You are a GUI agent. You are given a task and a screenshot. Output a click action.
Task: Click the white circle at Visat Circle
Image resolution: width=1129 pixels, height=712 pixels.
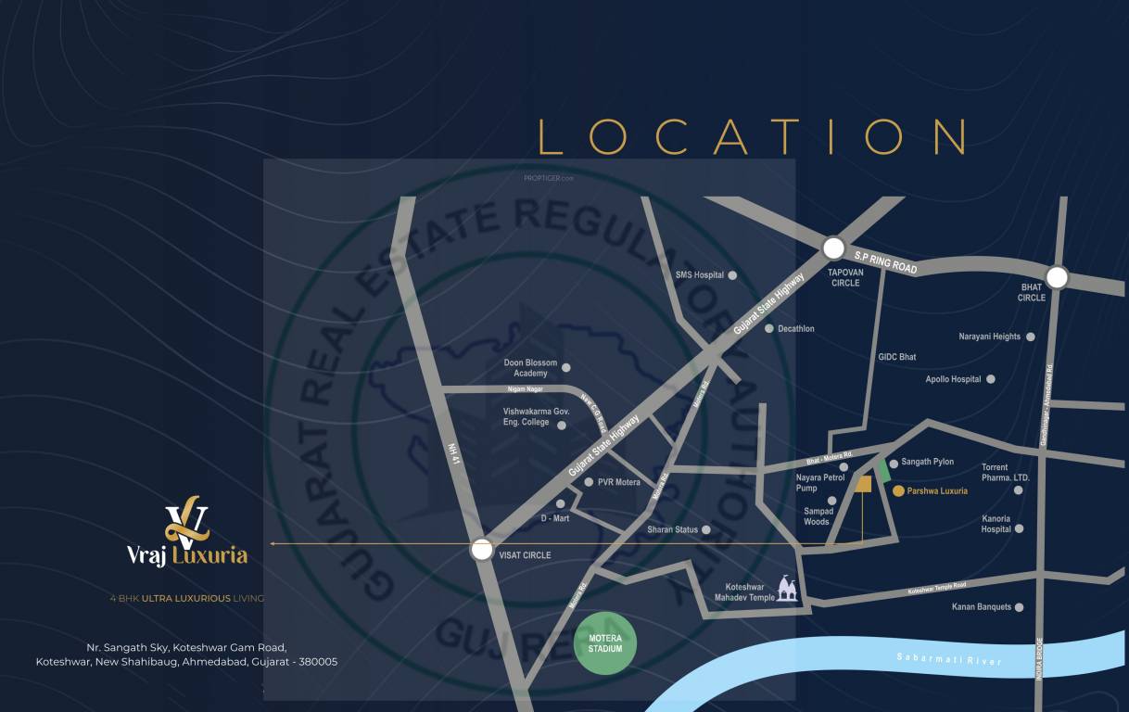pos(481,550)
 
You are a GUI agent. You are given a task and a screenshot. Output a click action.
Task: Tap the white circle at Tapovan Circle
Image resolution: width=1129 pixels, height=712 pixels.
pos(833,248)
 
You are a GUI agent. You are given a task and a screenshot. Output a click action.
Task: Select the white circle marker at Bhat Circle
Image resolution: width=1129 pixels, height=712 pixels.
pos(1057,277)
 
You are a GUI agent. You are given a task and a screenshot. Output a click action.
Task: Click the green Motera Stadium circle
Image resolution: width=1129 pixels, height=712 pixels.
pos(605,643)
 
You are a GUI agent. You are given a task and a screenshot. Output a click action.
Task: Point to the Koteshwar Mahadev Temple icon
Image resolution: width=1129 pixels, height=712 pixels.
pos(788,588)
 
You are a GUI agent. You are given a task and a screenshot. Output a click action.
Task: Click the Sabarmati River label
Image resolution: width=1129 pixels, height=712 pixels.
pos(948,659)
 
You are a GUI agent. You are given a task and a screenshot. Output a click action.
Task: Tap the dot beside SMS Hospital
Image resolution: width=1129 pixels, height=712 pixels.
pos(732,275)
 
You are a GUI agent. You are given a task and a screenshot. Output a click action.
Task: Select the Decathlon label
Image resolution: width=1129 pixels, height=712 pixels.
pos(796,329)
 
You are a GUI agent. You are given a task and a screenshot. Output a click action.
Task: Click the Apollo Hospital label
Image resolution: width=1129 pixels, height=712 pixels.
pos(953,379)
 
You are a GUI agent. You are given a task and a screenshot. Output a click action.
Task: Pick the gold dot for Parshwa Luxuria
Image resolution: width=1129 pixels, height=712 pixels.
pos(898,490)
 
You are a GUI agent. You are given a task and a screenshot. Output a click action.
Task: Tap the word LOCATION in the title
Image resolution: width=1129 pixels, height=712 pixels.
pos(753,136)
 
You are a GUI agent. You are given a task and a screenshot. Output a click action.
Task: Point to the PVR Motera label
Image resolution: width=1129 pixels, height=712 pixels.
pos(618,482)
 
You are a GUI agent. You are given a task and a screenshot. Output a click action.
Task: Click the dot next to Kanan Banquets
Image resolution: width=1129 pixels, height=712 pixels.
pos(1020,607)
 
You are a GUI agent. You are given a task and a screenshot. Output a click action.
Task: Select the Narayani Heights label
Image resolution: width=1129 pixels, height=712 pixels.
pos(989,337)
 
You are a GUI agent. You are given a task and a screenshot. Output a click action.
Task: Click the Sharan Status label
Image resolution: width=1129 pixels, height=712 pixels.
pos(672,530)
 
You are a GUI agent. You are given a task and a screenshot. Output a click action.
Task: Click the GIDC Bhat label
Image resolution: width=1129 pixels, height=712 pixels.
pos(896,357)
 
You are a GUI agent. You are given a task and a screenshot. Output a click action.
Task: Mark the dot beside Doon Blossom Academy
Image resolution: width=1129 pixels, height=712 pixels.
pos(566,368)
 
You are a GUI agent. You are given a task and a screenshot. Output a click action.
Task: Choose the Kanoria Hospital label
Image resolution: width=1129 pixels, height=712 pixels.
pos(996,524)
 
